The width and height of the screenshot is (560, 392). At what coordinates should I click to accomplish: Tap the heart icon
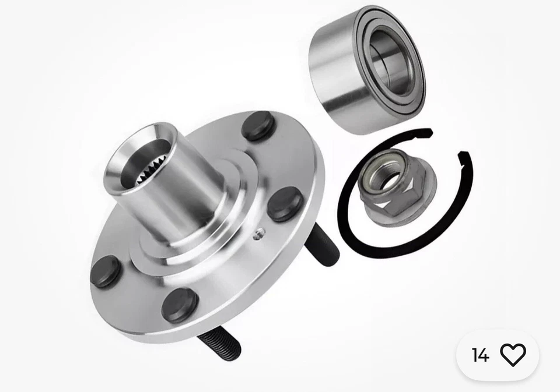tap(513, 355)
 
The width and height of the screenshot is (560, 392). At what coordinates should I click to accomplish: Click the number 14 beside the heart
tap(480, 355)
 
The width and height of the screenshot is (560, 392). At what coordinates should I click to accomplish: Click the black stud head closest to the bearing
tap(258, 126)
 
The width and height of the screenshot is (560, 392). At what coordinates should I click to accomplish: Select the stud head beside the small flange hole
tap(285, 204)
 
